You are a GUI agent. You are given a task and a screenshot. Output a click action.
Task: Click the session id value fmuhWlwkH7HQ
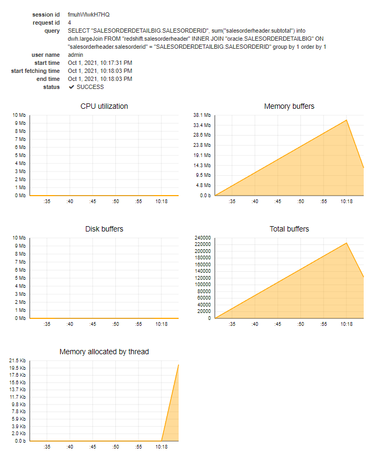(89, 14)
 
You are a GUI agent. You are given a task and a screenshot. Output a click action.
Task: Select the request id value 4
(70, 23)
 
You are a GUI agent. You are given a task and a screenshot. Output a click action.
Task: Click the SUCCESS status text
(90, 87)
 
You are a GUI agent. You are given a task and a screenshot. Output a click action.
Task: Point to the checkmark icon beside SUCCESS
(71, 87)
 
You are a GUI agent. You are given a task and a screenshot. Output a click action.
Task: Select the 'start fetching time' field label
(35, 71)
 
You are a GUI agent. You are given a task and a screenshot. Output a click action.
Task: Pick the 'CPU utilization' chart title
(104, 106)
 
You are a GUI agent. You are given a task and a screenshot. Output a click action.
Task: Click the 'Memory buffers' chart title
(289, 106)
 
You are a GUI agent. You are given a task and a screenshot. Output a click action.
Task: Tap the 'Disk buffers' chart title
(104, 229)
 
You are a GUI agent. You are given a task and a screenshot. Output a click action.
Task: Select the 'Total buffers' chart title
(289, 229)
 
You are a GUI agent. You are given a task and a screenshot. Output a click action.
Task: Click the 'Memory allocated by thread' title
(104, 352)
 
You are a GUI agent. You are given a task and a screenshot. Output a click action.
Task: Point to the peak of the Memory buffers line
(347, 120)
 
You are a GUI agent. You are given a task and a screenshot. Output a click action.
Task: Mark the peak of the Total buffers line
(347, 243)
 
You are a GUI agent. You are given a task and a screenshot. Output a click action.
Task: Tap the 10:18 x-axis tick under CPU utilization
(161, 202)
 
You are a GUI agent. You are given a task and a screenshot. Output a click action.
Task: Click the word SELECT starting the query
(78, 31)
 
